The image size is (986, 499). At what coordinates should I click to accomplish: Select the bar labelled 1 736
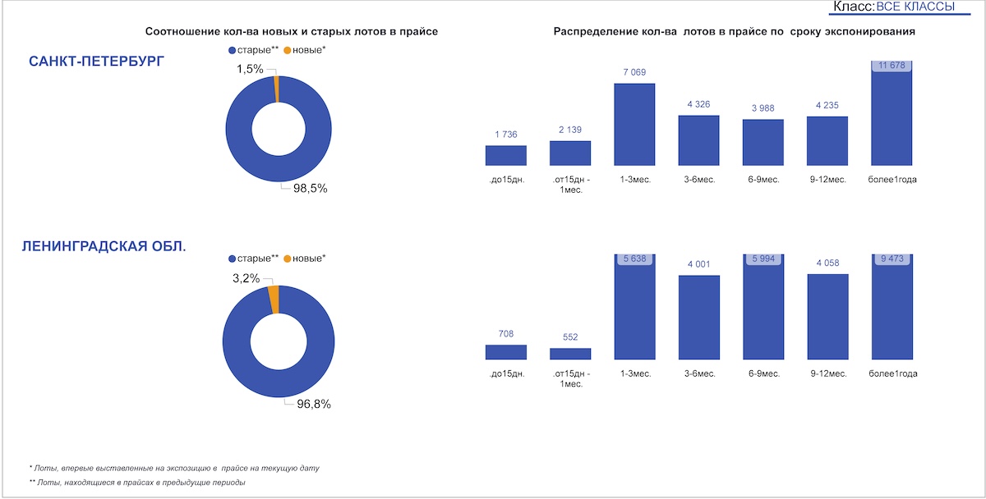point(506,156)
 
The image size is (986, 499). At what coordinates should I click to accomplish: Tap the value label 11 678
point(892,66)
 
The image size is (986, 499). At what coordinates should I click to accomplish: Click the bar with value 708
point(506,352)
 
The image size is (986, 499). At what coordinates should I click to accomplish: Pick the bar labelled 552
point(570,354)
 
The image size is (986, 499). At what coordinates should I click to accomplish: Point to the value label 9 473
point(892,259)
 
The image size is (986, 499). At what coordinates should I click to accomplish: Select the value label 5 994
point(763,259)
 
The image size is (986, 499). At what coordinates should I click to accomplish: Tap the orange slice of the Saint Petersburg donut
point(277,89)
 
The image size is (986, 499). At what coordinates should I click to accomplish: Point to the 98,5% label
point(311,188)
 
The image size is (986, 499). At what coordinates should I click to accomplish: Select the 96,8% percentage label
point(311,404)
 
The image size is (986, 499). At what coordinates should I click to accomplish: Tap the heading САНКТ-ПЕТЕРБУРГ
point(96,62)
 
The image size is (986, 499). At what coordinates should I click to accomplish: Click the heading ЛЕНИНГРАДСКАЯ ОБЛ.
point(104,246)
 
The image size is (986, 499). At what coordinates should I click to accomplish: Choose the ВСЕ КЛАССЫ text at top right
point(916,7)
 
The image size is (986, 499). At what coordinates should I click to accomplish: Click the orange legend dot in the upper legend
point(288,51)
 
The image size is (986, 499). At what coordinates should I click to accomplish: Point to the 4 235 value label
point(827,106)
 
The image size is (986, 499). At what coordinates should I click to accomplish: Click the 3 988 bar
point(763,143)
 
